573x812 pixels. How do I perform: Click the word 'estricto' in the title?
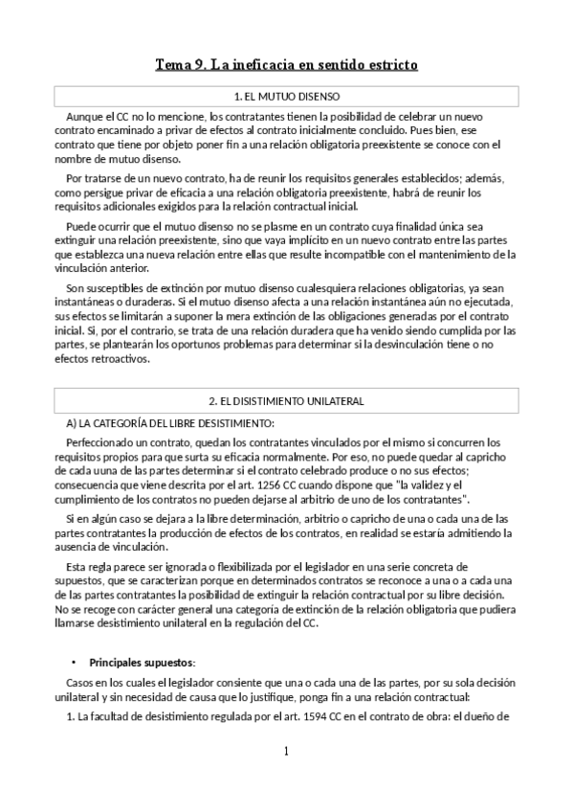(x=387, y=65)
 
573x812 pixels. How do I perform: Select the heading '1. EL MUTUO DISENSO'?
(x=286, y=97)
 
